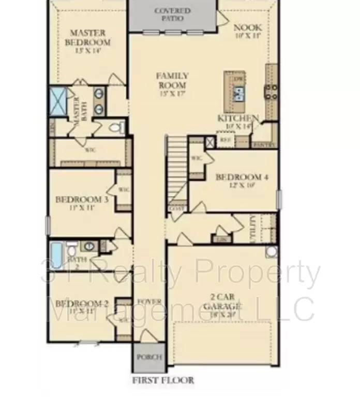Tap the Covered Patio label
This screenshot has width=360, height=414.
(x=172, y=14)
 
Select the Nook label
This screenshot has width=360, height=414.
(x=248, y=27)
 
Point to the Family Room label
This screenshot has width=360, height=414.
(x=172, y=80)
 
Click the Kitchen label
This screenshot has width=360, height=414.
(x=238, y=119)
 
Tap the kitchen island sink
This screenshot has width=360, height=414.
(x=238, y=94)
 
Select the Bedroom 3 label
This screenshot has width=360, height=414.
(x=81, y=199)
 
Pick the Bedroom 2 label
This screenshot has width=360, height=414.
(x=82, y=304)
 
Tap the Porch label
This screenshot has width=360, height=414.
(x=149, y=357)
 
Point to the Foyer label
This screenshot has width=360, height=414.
(x=149, y=302)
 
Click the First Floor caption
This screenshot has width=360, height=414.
(x=163, y=380)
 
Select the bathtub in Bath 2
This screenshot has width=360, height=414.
(x=56, y=253)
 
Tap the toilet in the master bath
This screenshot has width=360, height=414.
(x=118, y=127)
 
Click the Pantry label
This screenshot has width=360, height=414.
(x=264, y=145)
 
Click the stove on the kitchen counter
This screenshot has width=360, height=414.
(x=271, y=92)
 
